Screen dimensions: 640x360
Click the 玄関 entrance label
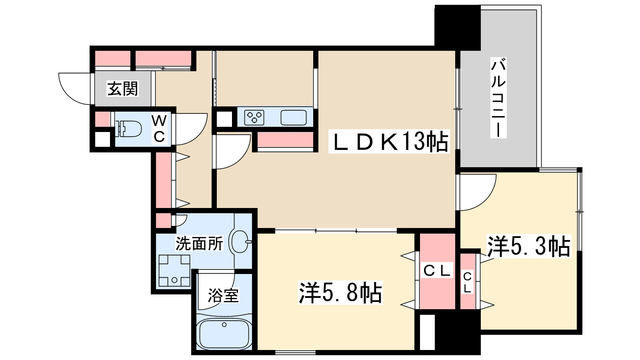pos(122,88)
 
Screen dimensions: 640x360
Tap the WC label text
pos(159,129)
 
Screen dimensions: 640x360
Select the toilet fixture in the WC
pos(128,129)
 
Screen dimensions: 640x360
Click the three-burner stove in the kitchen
pos(254,118)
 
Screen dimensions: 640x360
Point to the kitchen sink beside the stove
pos(294,118)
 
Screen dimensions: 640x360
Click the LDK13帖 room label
pos(389,142)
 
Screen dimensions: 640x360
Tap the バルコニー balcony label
pos(498,98)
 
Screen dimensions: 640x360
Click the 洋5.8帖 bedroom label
pos(340,292)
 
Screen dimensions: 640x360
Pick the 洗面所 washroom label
pos(199,244)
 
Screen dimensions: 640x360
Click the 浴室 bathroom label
pos(223,295)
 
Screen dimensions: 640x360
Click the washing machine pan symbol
pos(174,270)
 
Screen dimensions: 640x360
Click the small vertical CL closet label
pos(467,282)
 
